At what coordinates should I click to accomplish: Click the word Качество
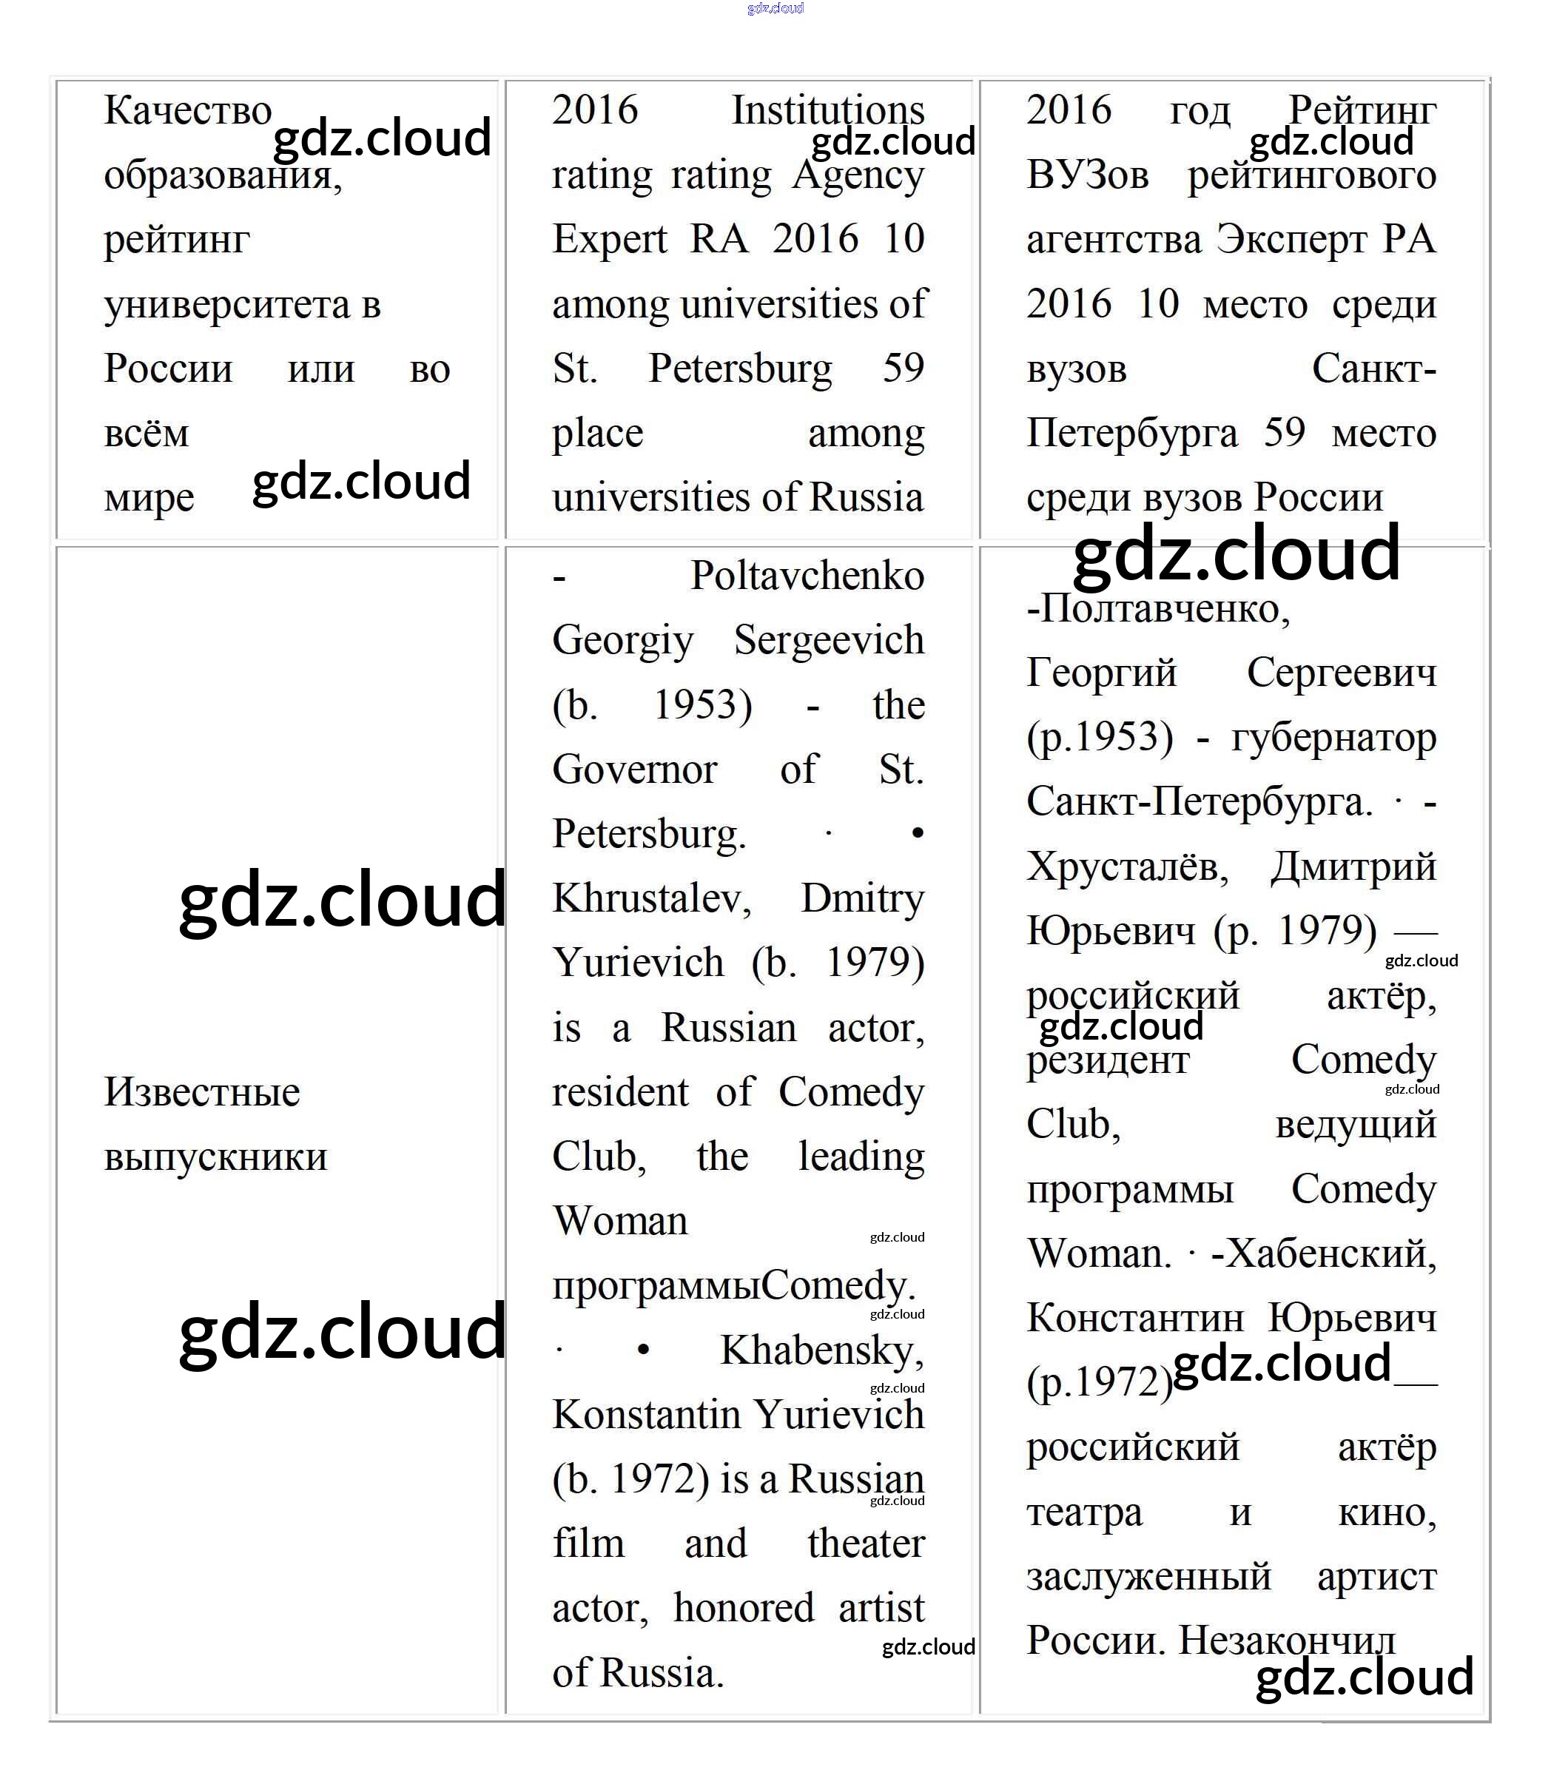pyautogui.click(x=188, y=111)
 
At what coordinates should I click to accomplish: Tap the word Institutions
pyautogui.click(x=827, y=111)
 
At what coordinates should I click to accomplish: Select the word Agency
pyautogui.click(x=858, y=175)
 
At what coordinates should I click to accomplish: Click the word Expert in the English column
pyautogui.click(x=609, y=240)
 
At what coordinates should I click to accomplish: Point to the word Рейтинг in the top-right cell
pyautogui.click(x=1362, y=111)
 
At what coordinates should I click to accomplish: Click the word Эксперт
pyautogui.click(x=1287, y=240)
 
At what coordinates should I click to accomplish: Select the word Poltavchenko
pyautogui.click(x=807, y=576)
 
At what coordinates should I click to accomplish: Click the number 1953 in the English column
pyautogui.click(x=702, y=705)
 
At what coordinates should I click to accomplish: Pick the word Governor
pyautogui.click(x=634, y=770)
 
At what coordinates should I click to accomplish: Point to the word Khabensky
pyautogui.click(x=821, y=1350)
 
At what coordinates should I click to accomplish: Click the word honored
pyautogui.click(x=744, y=1608)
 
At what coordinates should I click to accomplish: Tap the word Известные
pyautogui.click(x=202, y=1092)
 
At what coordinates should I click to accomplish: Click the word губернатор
pyautogui.click(x=1333, y=737)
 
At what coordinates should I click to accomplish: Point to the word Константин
pyautogui.click(x=1134, y=1318)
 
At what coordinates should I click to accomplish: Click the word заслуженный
pyautogui.click(x=1148, y=1576)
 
